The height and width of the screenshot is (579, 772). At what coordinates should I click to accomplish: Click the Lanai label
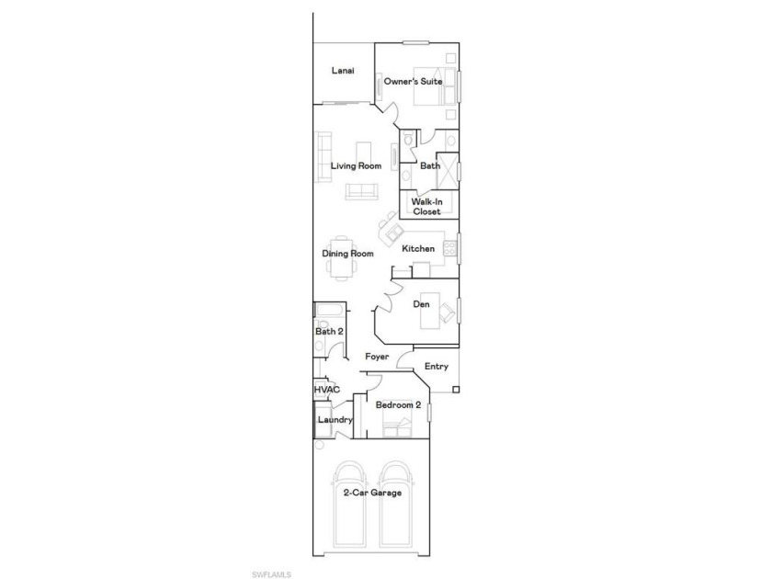[343, 71]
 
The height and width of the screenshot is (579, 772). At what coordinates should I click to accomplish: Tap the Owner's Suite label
[413, 81]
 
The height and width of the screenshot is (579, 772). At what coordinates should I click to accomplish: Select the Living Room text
[356, 166]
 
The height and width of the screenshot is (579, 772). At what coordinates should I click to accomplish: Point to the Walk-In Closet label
[426, 206]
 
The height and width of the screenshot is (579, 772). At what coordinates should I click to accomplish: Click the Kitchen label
[418, 249]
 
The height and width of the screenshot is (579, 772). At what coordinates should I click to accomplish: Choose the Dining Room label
[347, 254]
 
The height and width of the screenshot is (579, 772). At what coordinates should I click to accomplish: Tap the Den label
[422, 304]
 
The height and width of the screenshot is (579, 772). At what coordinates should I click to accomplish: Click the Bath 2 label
[329, 332]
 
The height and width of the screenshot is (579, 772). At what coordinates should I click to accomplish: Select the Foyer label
[377, 357]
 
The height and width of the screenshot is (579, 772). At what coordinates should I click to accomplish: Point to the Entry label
[437, 367]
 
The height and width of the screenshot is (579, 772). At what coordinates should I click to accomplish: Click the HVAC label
[327, 390]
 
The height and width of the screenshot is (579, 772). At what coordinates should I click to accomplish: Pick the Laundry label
[335, 420]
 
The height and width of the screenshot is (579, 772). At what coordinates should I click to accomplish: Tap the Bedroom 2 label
[398, 405]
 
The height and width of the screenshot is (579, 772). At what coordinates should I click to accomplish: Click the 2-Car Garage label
[372, 493]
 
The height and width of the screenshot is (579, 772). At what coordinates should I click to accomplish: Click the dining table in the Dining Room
[342, 257]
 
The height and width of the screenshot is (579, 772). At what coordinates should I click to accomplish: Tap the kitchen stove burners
[449, 248]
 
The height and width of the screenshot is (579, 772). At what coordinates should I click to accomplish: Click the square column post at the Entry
[456, 390]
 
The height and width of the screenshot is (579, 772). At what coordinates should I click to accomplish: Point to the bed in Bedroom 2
[398, 417]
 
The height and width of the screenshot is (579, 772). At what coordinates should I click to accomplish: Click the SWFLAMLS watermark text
[271, 574]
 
